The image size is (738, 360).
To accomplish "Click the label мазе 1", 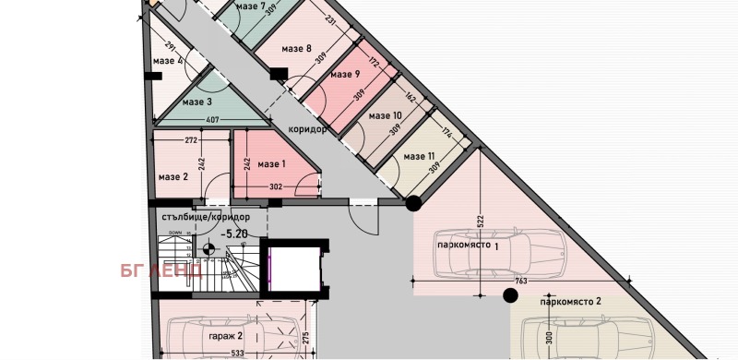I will (272, 164).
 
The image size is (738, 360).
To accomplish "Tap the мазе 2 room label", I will (173, 177).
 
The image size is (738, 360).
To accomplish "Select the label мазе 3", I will (196, 102).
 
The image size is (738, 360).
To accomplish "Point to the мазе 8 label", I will (296, 49).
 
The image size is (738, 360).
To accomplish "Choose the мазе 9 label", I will (344, 75).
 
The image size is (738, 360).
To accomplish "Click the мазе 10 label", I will (385, 116).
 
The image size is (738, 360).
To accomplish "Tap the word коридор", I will (308, 129).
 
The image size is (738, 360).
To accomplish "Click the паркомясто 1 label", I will (468, 246).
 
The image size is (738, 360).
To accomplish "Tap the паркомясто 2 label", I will (571, 301).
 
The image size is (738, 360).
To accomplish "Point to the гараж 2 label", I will (225, 336).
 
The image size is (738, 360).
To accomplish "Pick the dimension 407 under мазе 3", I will (212, 118).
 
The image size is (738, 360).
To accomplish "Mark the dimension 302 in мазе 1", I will (275, 187).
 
